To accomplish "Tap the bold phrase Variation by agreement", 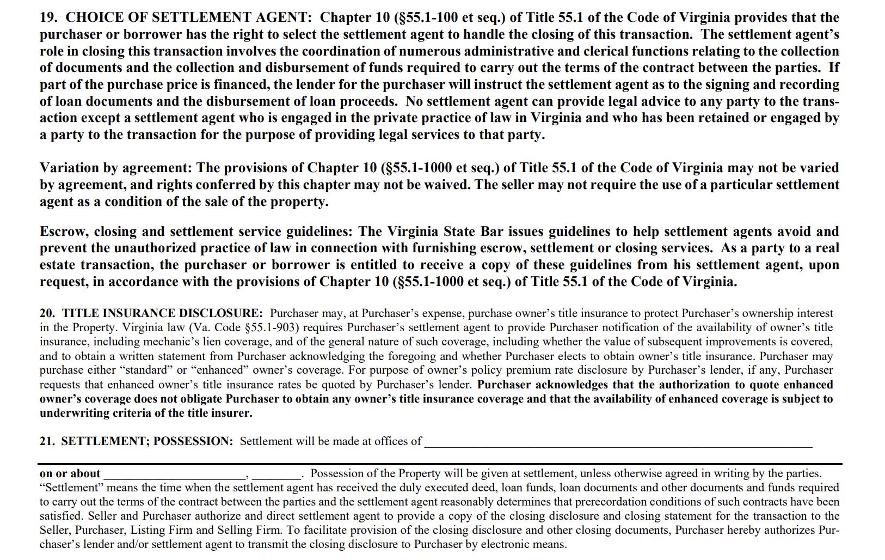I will coord(116,168).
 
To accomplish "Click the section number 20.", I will coord(47,313).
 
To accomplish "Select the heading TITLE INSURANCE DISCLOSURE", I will coord(162,313).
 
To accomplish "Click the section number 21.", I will coord(47,441).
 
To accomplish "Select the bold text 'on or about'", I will coord(70,473).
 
